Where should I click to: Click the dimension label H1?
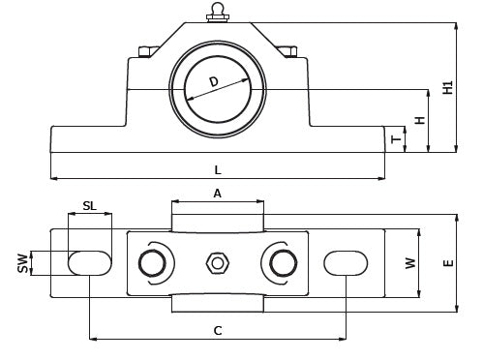pyautogui.click(x=448, y=87)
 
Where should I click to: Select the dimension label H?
pyautogui.click(x=420, y=120)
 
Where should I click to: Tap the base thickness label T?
pyautogui.click(x=396, y=139)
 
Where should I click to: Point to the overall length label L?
pyautogui.click(x=218, y=169)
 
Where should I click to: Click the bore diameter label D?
pyautogui.click(x=214, y=82)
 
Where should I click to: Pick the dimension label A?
pyautogui.click(x=218, y=194)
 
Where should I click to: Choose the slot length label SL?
pyautogui.click(x=89, y=205)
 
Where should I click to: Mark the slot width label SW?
pyautogui.click(x=23, y=263)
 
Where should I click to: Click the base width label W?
pyautogui.click(x=410, y=263)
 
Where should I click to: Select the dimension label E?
pyautogui.click(x=449, y=263)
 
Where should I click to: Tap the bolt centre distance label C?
pyautogui.click(x=218, y=331)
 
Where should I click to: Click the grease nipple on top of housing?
pyautogui.click(x=218, y=13)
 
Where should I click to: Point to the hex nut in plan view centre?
pyautogui.click(x=218, y=263)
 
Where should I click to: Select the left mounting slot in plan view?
pyautogui.click(x=90, y=263)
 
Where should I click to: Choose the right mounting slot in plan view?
pyautogui.click(x=346, y=263)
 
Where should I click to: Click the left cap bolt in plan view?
pyautogui.click(x=152, y=263)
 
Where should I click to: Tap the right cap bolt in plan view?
pyautogui.click(x=284, y=263)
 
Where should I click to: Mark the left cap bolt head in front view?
pyautogui.click(x=147, y=52)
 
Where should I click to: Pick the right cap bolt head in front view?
pyautogui.click(x=287, y=51)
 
